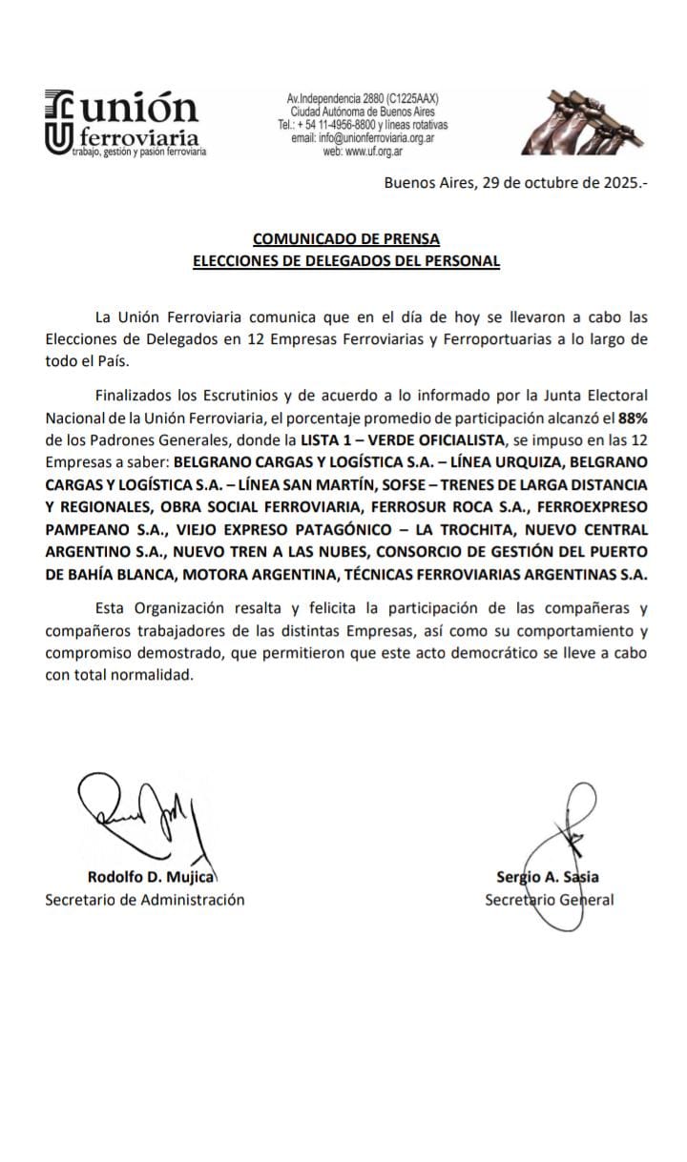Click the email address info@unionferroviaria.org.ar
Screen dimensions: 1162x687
[x=363, y=138]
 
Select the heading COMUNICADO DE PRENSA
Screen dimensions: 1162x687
[x=346, y=239]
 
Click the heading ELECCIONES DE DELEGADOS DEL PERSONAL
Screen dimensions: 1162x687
[x=346, y=261]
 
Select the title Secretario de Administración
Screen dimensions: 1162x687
[x=144, y=899]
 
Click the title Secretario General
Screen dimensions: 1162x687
[x=550, y=899]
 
